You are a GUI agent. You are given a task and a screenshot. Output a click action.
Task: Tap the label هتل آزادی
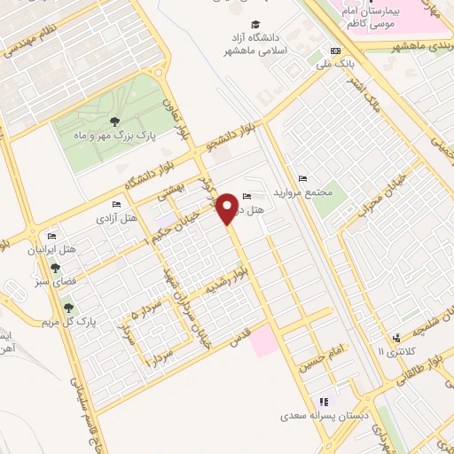(x=118, y=217)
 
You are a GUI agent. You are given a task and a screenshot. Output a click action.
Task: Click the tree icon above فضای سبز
(x=57, y=267)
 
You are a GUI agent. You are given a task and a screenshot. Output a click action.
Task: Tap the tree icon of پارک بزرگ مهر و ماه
(x=113, y=122)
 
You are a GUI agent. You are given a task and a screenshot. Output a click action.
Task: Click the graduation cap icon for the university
(x=255, y=25)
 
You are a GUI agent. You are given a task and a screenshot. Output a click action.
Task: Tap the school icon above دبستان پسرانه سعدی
(x=325, y=402)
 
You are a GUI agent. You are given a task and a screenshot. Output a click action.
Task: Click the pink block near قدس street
(x=263, y=340)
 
